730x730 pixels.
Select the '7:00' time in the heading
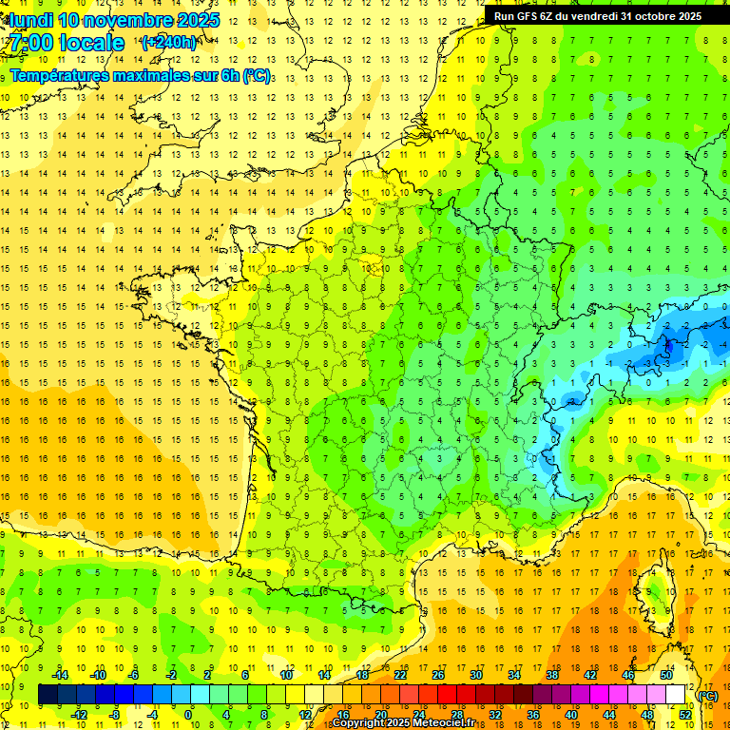pos(31,43)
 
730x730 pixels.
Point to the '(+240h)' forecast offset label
pos(169,42)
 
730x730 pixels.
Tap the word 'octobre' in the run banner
pos(648,15)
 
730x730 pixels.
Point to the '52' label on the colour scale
pos(685,715)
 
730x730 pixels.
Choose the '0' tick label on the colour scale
pos(188,715)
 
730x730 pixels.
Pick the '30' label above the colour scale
pos(475,675)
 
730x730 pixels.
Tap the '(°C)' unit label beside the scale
pos(708,696)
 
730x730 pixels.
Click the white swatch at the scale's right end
pos(676,695)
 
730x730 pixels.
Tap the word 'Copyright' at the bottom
pos(359,723)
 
